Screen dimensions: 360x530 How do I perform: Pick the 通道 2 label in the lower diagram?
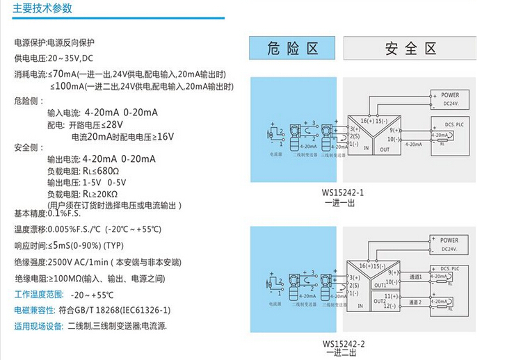tap(416, 302)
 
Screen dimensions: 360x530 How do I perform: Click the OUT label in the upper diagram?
tap(385, 149)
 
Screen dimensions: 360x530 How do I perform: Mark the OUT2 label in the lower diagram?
tap(380, 301)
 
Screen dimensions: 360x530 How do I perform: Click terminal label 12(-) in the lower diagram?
tap(392, 306)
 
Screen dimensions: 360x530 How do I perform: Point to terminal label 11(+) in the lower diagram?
tap(392, 296)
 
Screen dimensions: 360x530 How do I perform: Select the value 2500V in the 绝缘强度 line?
tap(63, 262)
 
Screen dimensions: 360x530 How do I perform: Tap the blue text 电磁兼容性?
tap(35, 310)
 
